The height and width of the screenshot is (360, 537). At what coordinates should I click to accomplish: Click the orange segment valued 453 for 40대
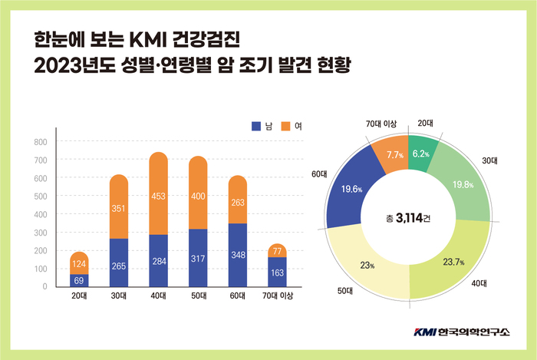(x=158, y=196)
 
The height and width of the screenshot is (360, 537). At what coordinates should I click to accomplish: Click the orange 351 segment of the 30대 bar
(x=119, y=207)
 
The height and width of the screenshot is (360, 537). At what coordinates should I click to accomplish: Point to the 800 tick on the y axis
(x=40, y=142)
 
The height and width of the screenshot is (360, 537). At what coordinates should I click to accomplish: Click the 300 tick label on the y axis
(x=40, y=233)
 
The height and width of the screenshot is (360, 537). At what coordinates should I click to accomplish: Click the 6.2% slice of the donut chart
(x=420, y=154)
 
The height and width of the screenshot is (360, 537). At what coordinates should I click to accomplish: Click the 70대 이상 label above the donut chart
(x=381, y=124)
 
